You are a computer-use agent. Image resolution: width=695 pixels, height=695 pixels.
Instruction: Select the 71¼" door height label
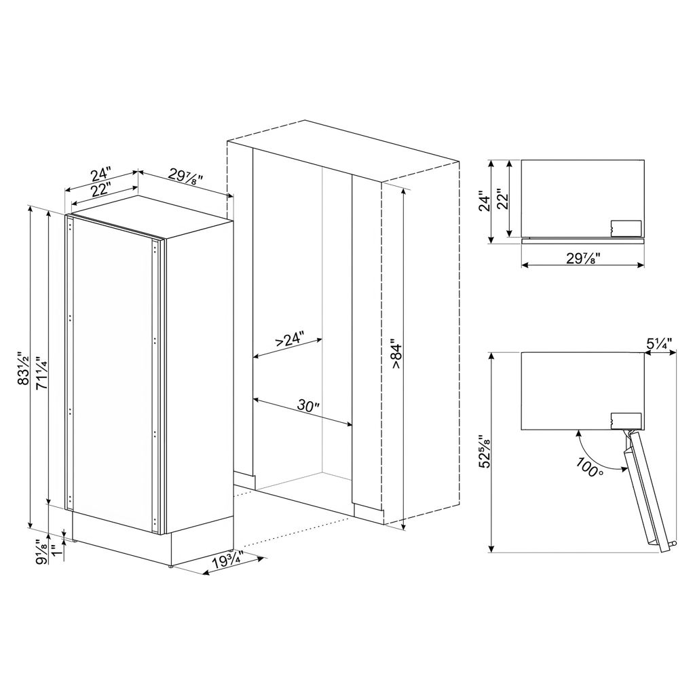point(41,373)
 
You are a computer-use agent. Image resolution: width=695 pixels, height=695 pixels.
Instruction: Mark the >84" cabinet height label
point(396,354)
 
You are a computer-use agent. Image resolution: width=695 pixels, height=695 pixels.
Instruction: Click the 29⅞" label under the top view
point(583,257)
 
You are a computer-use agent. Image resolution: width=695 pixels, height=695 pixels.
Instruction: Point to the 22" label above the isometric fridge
point(101,191)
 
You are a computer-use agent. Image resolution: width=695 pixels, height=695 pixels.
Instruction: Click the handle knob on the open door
point(674,544)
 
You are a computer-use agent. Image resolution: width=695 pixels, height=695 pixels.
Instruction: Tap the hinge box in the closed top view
point(626,228)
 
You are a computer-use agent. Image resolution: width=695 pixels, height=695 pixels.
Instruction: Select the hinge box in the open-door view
point(626,420)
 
